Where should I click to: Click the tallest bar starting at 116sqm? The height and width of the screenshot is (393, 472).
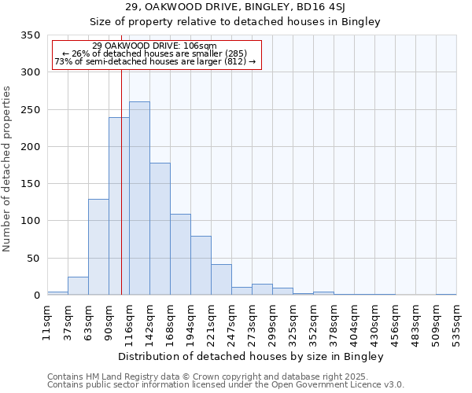click(x=139, y=198)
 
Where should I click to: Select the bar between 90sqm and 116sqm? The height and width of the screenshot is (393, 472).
click(x=119, y=206)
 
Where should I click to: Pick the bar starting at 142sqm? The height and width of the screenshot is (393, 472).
click(x=160, y=229)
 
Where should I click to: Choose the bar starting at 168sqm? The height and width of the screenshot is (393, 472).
click(x=180, y=254)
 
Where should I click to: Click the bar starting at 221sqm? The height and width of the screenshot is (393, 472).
click(x=221, y=279)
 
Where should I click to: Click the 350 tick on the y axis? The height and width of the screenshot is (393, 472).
click(x=30, y=35)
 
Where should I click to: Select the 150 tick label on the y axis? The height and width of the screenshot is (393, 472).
click(x=30, y=184)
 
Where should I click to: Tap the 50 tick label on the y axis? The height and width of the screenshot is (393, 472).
click(x=33, y=258)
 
